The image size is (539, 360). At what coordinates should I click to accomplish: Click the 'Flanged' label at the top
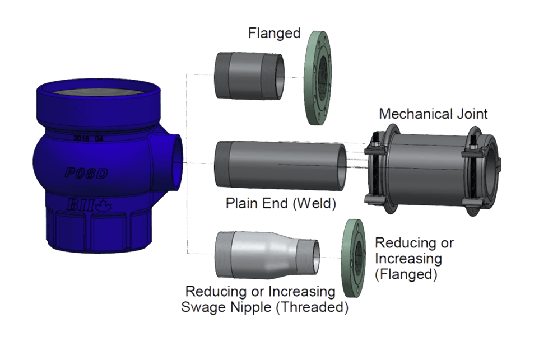(275, 34)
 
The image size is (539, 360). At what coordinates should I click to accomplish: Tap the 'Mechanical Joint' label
(433, 114)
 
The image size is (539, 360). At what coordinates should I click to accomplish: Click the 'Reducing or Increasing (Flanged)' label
(414, 259)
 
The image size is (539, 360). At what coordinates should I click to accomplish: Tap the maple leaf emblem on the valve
(105, 205)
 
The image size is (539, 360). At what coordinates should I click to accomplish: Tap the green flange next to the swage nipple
(352, 255)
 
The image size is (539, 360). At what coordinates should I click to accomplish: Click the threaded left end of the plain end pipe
(221, 162)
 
